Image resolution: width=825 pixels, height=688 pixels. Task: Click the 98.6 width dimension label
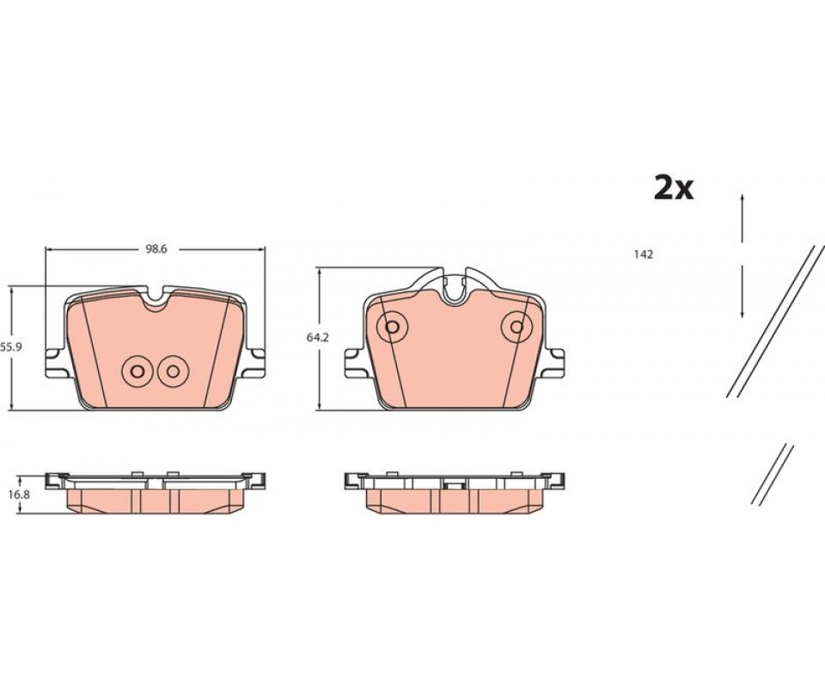[156, 249]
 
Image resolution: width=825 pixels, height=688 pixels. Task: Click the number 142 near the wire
[644, 255]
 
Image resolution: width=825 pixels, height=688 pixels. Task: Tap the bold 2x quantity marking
[674, 188]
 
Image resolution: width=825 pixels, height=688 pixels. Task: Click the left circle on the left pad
[137, 372]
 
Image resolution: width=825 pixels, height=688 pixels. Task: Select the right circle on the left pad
[173, 372]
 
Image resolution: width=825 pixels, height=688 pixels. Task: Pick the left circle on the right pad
[392, 327]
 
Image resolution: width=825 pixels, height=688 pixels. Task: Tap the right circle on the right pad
[516, 327]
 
